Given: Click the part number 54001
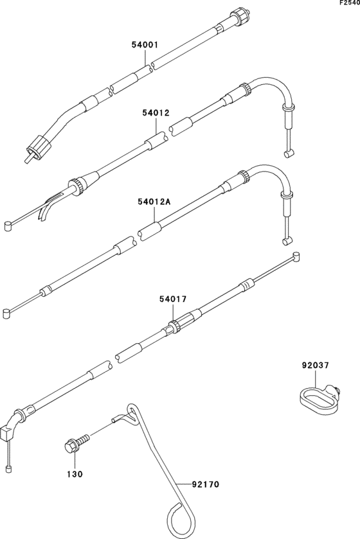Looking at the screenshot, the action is (x=145, y=45).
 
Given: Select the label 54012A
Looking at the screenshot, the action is (x=154, y=202).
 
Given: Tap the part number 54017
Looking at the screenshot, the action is (x=173, y=299).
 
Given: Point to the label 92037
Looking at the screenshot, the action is (x=315, y=366).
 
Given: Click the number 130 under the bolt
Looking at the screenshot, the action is (x=75, y=474).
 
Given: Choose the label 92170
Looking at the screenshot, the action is (x=205, y=484).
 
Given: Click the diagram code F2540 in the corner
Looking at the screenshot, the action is (x=349, y=3).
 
